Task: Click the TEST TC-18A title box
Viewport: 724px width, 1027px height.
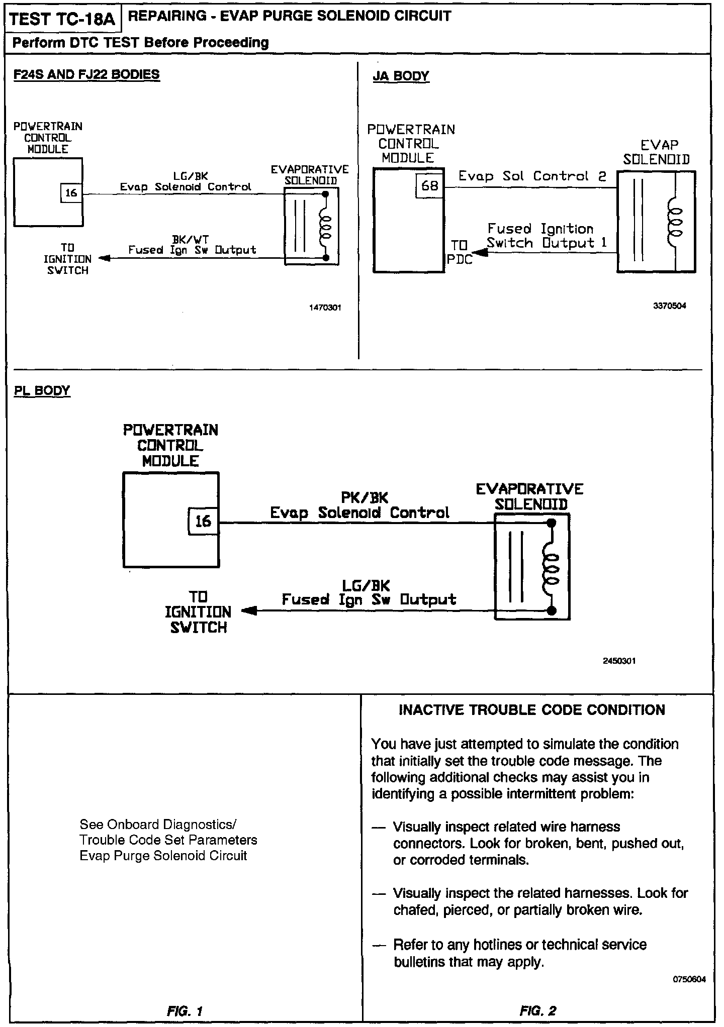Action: point(62,19)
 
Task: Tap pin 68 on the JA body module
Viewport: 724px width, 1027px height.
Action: point(430,186)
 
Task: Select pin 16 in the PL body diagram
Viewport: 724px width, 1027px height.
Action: point(203,521)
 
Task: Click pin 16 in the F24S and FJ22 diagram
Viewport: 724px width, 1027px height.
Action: point(71,193)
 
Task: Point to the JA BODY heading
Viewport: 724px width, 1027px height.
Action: point(401,76)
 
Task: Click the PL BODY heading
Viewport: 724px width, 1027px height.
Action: point(42,391)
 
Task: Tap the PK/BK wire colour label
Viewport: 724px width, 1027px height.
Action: point(365,497)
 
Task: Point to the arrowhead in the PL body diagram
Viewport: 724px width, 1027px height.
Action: point(249,611)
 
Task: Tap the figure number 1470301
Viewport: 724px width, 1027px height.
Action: point(325,307)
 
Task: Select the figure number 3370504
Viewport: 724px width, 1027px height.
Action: point(669,305)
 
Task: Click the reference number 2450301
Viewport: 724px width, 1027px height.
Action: point(619,661)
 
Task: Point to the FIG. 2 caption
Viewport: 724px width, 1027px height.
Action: point(538,1010)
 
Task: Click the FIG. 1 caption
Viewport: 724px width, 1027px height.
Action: point(185,1010)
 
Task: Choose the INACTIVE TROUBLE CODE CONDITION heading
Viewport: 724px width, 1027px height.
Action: point(532,710)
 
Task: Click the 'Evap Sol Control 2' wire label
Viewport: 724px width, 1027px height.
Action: point(532,176)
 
